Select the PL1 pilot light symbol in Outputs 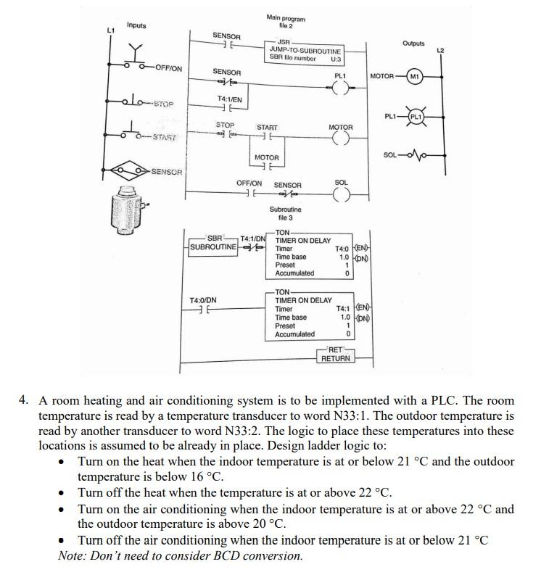pyautogui.click(x=416, y=117)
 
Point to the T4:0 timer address pyautogui.click(x=335, y=249)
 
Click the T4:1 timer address pyautogui.click(x=336, y=309)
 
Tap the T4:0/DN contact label pyautogui.click(x=202, y=299)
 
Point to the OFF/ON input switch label pyautogui.click(x=168, y=69)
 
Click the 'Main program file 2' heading pyautogui.click(x=286, y=22)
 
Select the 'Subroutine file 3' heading pyautogui.click(x=285, y=213)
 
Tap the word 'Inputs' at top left pyautogui.click(x=136, y=25)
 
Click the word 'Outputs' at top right pyautogui.click(x=413, y=44)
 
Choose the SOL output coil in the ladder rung pyautogui.click(x=341, y=195)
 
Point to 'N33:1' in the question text pyautogui.click(x=391, y=416)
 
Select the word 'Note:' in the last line pyautogui.click(x=73, y=555)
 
